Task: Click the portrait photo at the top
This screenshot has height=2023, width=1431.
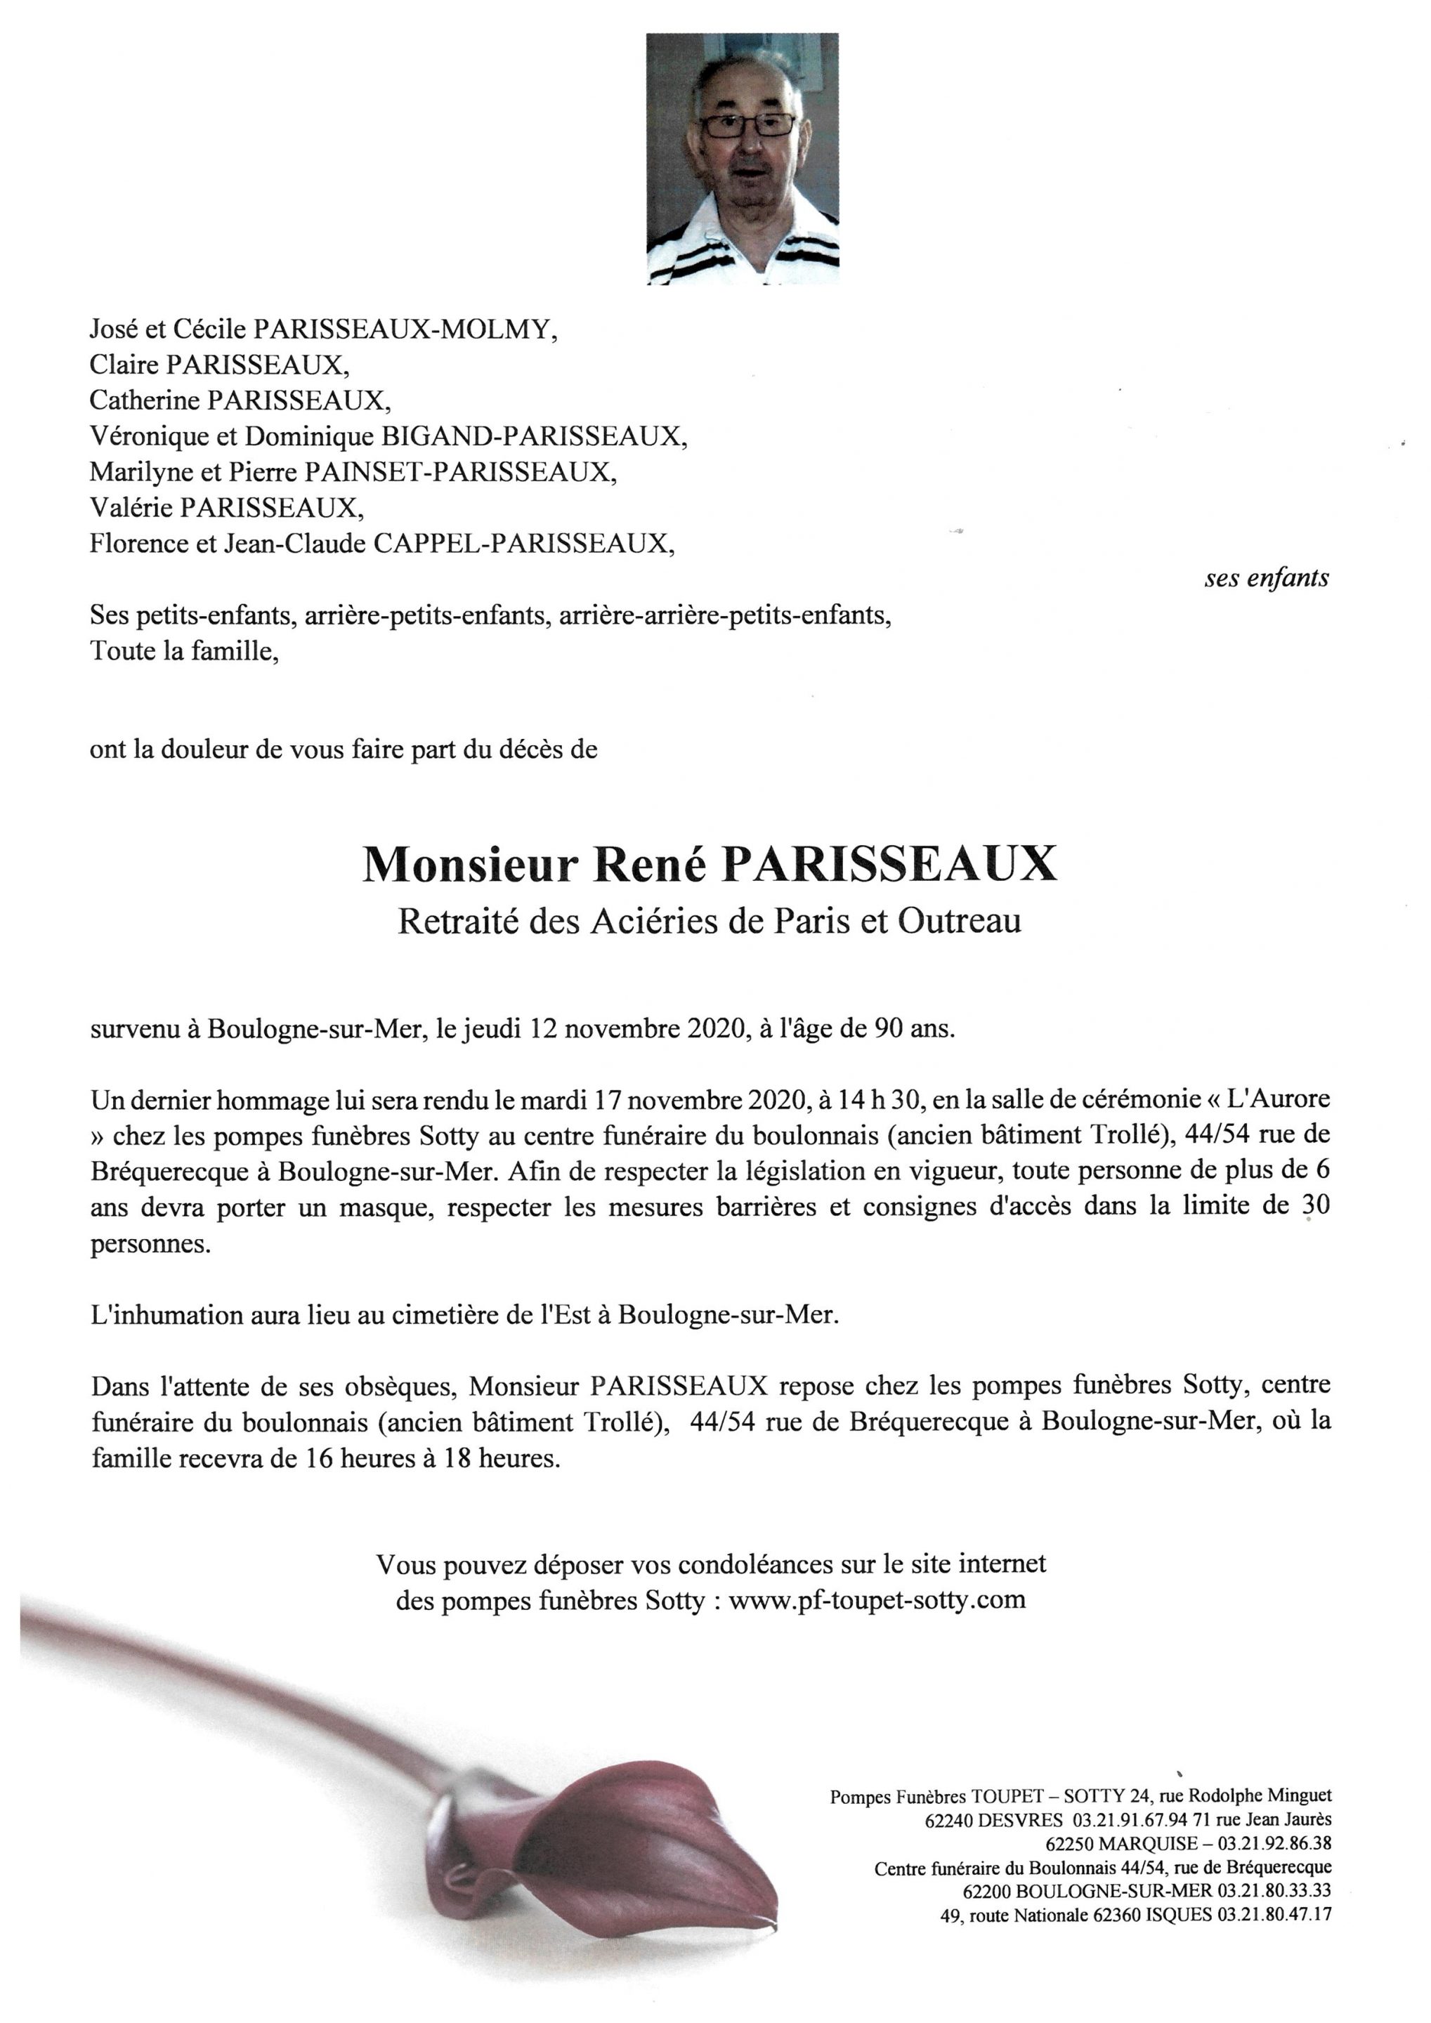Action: click(742, 159)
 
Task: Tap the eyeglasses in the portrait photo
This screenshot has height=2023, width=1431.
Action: click(746, 125)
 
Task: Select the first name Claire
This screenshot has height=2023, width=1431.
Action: click(124, 365)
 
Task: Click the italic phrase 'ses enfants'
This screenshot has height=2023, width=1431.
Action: click(1266, 578)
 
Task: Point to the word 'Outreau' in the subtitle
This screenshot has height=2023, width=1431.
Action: click(960, 921)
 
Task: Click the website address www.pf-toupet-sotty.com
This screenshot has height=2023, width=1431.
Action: click(877, 1599)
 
